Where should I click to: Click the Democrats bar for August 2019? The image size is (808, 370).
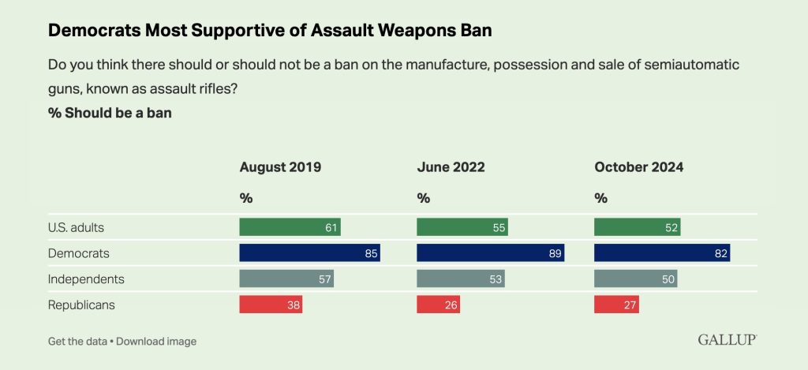pos(310,253)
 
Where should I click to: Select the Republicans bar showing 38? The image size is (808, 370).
pos(271,305)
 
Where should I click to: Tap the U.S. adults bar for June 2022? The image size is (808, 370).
pos(462,227)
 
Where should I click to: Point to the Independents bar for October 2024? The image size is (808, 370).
pos(635,278)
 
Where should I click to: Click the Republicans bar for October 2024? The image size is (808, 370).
pos(616,305)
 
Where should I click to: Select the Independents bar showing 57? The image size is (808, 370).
pos(286,278)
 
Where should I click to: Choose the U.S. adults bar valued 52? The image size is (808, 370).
pos(637,227)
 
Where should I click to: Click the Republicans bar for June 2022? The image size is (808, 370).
pos(438,305)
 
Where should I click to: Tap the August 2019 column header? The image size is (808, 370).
pos(280,167)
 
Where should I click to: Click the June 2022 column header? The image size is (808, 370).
pos(451,167)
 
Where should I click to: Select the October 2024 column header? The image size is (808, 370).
pos(639,167)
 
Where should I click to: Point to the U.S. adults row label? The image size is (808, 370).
pos(77,227)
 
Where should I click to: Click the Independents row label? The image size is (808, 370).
pos(87,278)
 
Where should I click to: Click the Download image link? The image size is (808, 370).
pos(156,342)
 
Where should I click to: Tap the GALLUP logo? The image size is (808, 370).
pos(727,340)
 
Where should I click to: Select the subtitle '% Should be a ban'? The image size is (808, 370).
pos(110,113)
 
